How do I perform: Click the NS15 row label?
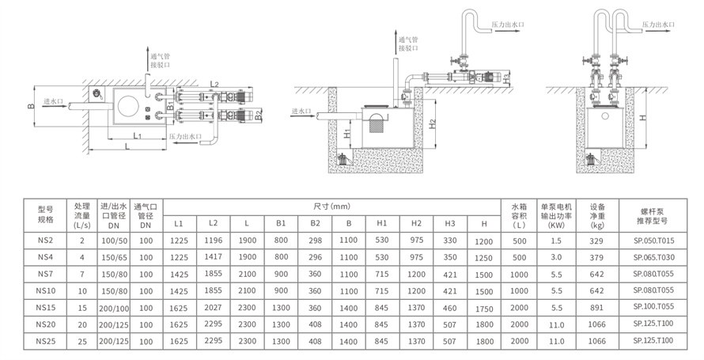pyautogui.click(x=45, y=308)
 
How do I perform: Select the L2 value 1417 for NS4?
pyautogui.click(x=214, y=257)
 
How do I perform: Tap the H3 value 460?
pyautogui.click(x=450, y=308)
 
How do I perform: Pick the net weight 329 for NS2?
pyautogui.click(x=596, y=241)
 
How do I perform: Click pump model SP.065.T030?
pyautogui.click(x=653, y=257)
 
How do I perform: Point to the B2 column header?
pyautogui.click(x=315, y=223)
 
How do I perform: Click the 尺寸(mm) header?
pyautogui.click(x=331, y=207)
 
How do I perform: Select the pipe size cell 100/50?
pyautogui.click(x=114, y=241)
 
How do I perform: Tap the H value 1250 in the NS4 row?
pyautogui.click(x=483, y=258)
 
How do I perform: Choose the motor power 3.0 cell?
pyautogui.click(x=556, y=257)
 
